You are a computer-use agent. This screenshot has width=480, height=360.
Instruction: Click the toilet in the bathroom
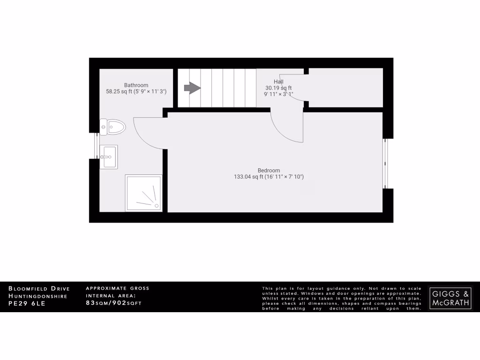click(x=112, y=127)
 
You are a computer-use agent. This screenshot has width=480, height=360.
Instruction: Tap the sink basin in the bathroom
click(x=109, y=157)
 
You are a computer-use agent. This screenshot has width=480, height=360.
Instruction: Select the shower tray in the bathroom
click(x=143, y=193)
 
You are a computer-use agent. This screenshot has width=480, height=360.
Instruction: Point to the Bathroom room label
click(x=136, y=85)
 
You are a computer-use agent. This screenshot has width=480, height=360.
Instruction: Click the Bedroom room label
click(x=269, y=170)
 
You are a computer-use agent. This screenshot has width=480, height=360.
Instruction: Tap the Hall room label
click(x=278, y=82)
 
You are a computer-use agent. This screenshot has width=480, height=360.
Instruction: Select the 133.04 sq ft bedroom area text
click(x=269, y=177)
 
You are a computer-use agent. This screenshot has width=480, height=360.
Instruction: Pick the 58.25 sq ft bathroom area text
click(x=136, y=91)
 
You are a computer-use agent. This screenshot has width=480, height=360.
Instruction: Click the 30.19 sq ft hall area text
click(x=278, y=88)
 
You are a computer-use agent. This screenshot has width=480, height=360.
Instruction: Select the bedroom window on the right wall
click(x=386, y=163)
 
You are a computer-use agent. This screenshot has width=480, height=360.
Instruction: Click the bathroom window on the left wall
click(x=97, y=146)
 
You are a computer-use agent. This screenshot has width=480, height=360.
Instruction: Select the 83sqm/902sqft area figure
click(x=113, y=303)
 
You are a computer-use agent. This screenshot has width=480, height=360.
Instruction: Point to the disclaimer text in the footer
click(x=342, y=298)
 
